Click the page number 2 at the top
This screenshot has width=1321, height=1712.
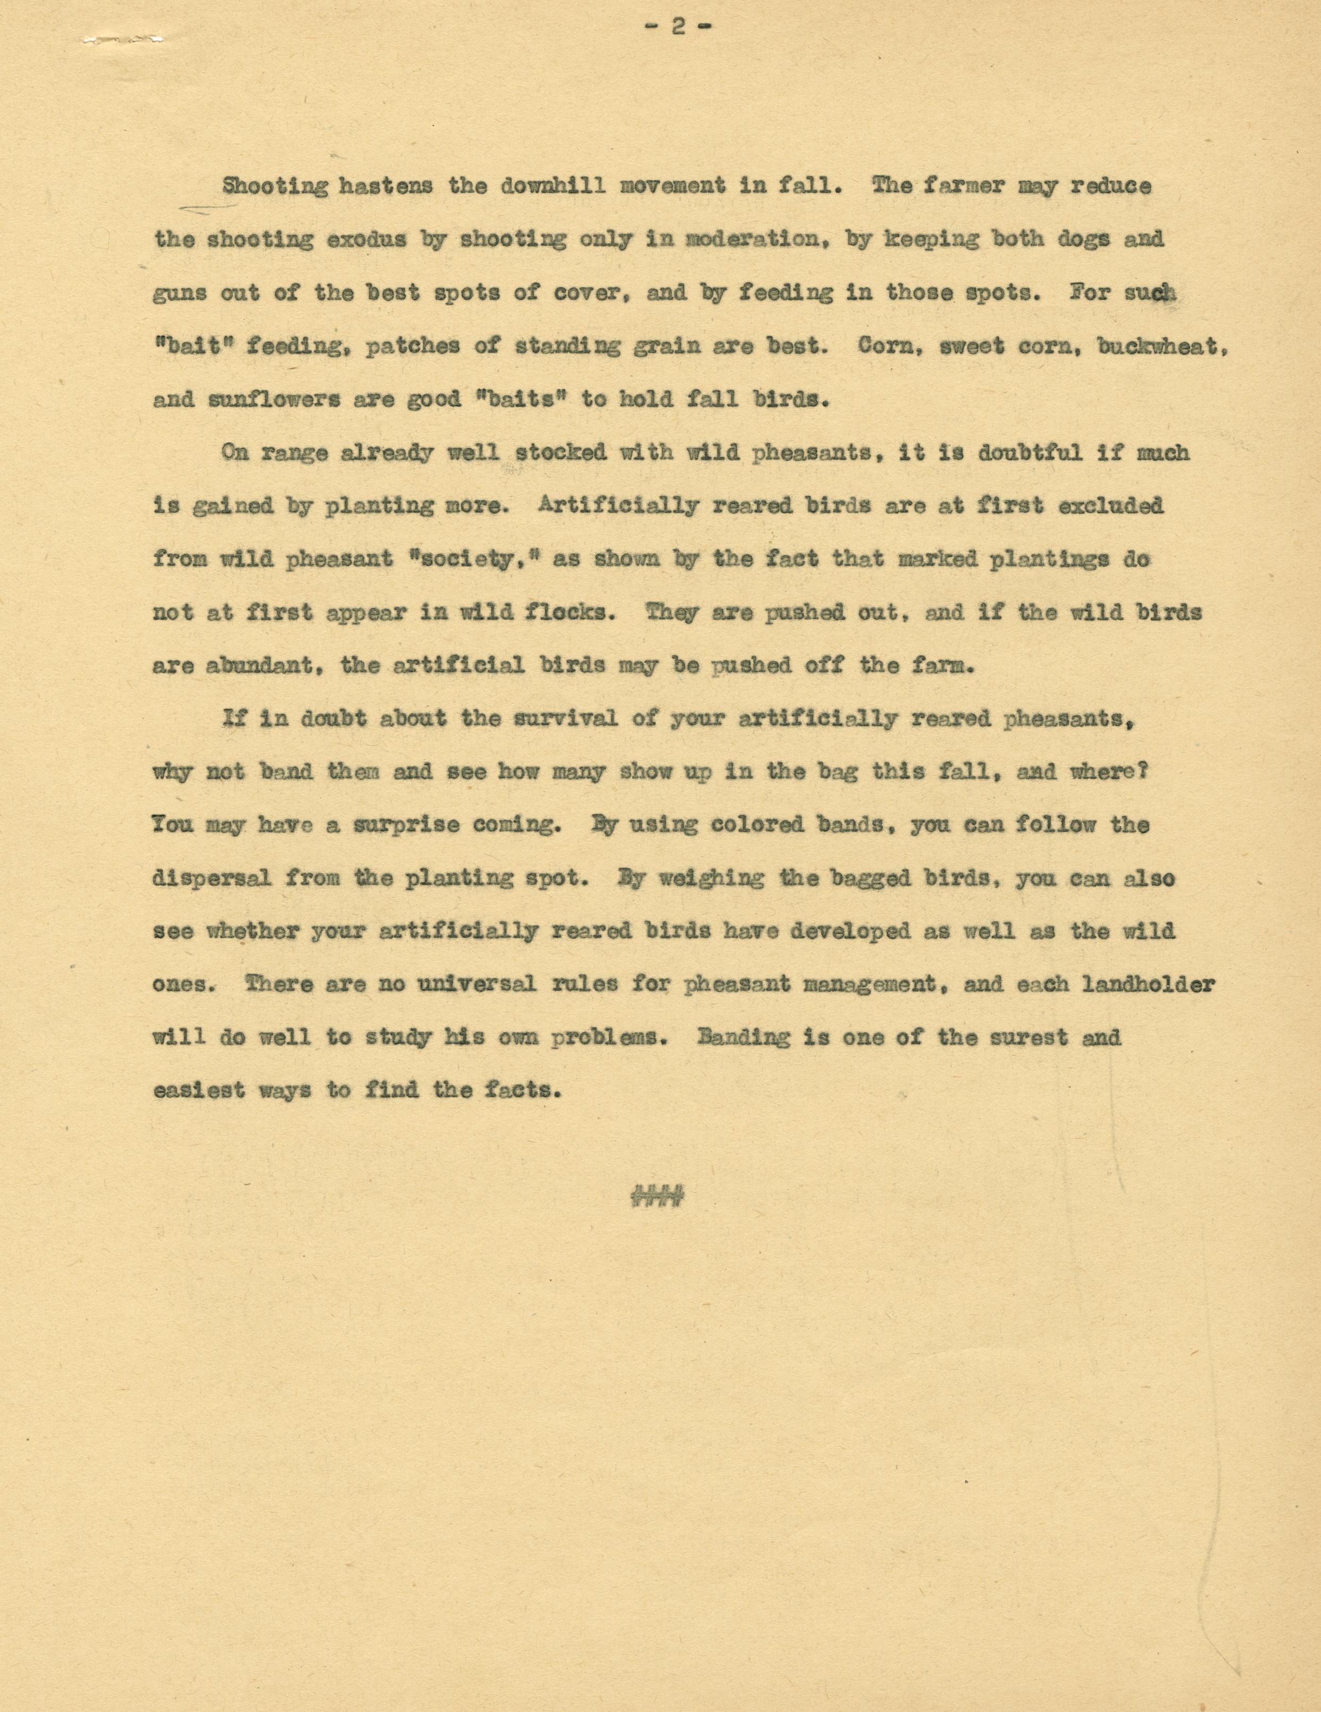click(678, 27)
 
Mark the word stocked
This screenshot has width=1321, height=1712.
click(561, 453)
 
